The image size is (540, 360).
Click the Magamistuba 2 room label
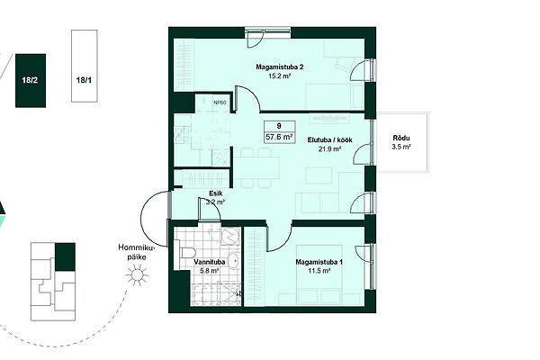click(279, 67)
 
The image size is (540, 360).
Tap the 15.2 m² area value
click(279, 76)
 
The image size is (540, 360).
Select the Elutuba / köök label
click(329, 140)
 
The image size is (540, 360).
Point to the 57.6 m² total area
click(279, 137)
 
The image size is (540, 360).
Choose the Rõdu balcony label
click(401, 139)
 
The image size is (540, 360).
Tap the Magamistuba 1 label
click(319, 262)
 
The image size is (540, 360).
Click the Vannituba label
click(210, 262)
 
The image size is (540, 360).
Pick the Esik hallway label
click(216, 193)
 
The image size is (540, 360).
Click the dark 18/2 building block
click(31, 81)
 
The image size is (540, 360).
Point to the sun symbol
click(137, 274)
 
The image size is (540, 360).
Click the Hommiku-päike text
click(137, 252)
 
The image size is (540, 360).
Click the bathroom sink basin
click(234, 260)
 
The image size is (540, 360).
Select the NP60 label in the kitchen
click(220, 103)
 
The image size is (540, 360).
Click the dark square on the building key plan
click(65, 256)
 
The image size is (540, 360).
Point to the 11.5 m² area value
click(319, 271)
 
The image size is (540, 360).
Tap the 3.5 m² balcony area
click(401, 147)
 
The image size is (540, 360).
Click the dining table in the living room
click(256, 167)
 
